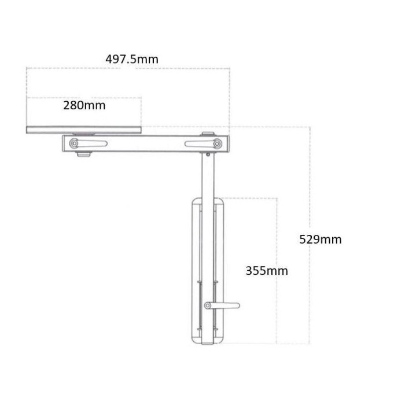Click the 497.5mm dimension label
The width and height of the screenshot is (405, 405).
tap(132, 60)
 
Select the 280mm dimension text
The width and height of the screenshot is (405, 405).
tap(84, 105)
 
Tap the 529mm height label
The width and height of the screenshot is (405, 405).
tap(321, 240)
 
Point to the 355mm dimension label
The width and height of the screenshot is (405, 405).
tap(267, 271)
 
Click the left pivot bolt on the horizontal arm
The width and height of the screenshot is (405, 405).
tap(75, 143)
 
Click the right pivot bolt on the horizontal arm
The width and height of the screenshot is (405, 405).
tap(217, 143)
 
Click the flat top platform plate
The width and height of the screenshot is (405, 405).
tap(84, 130)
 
